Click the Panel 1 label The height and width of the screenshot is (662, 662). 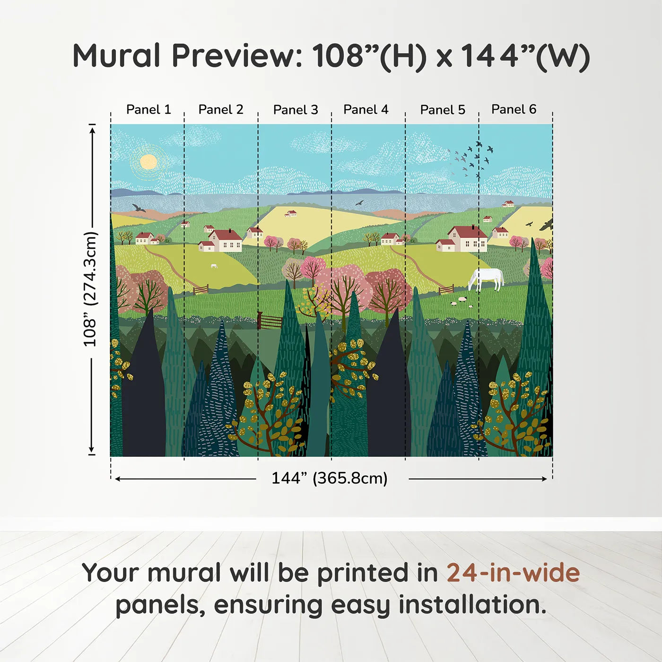(x=148, y=110)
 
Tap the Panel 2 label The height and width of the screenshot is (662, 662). (x=220, y=110)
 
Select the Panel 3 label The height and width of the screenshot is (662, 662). (x=296, y=110)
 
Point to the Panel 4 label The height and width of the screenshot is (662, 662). (x=366, y=110)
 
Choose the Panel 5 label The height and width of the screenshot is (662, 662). (x=443, y=110)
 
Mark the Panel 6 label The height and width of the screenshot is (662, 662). (x=514, y=110)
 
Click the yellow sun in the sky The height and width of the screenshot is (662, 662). (x=148, y=162)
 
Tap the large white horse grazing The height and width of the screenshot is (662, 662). (x=486, y=279)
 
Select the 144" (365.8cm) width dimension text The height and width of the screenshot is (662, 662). (x=329, y=478)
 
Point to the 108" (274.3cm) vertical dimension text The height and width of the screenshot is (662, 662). (x=90, y=289)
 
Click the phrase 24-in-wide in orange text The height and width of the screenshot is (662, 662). (x=513, y=573)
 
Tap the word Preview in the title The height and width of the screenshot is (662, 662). (x=236, y=56)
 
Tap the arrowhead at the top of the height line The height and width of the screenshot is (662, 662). (x=92, y=129)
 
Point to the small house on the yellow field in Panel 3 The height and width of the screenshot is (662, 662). (x=291, y=213)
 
